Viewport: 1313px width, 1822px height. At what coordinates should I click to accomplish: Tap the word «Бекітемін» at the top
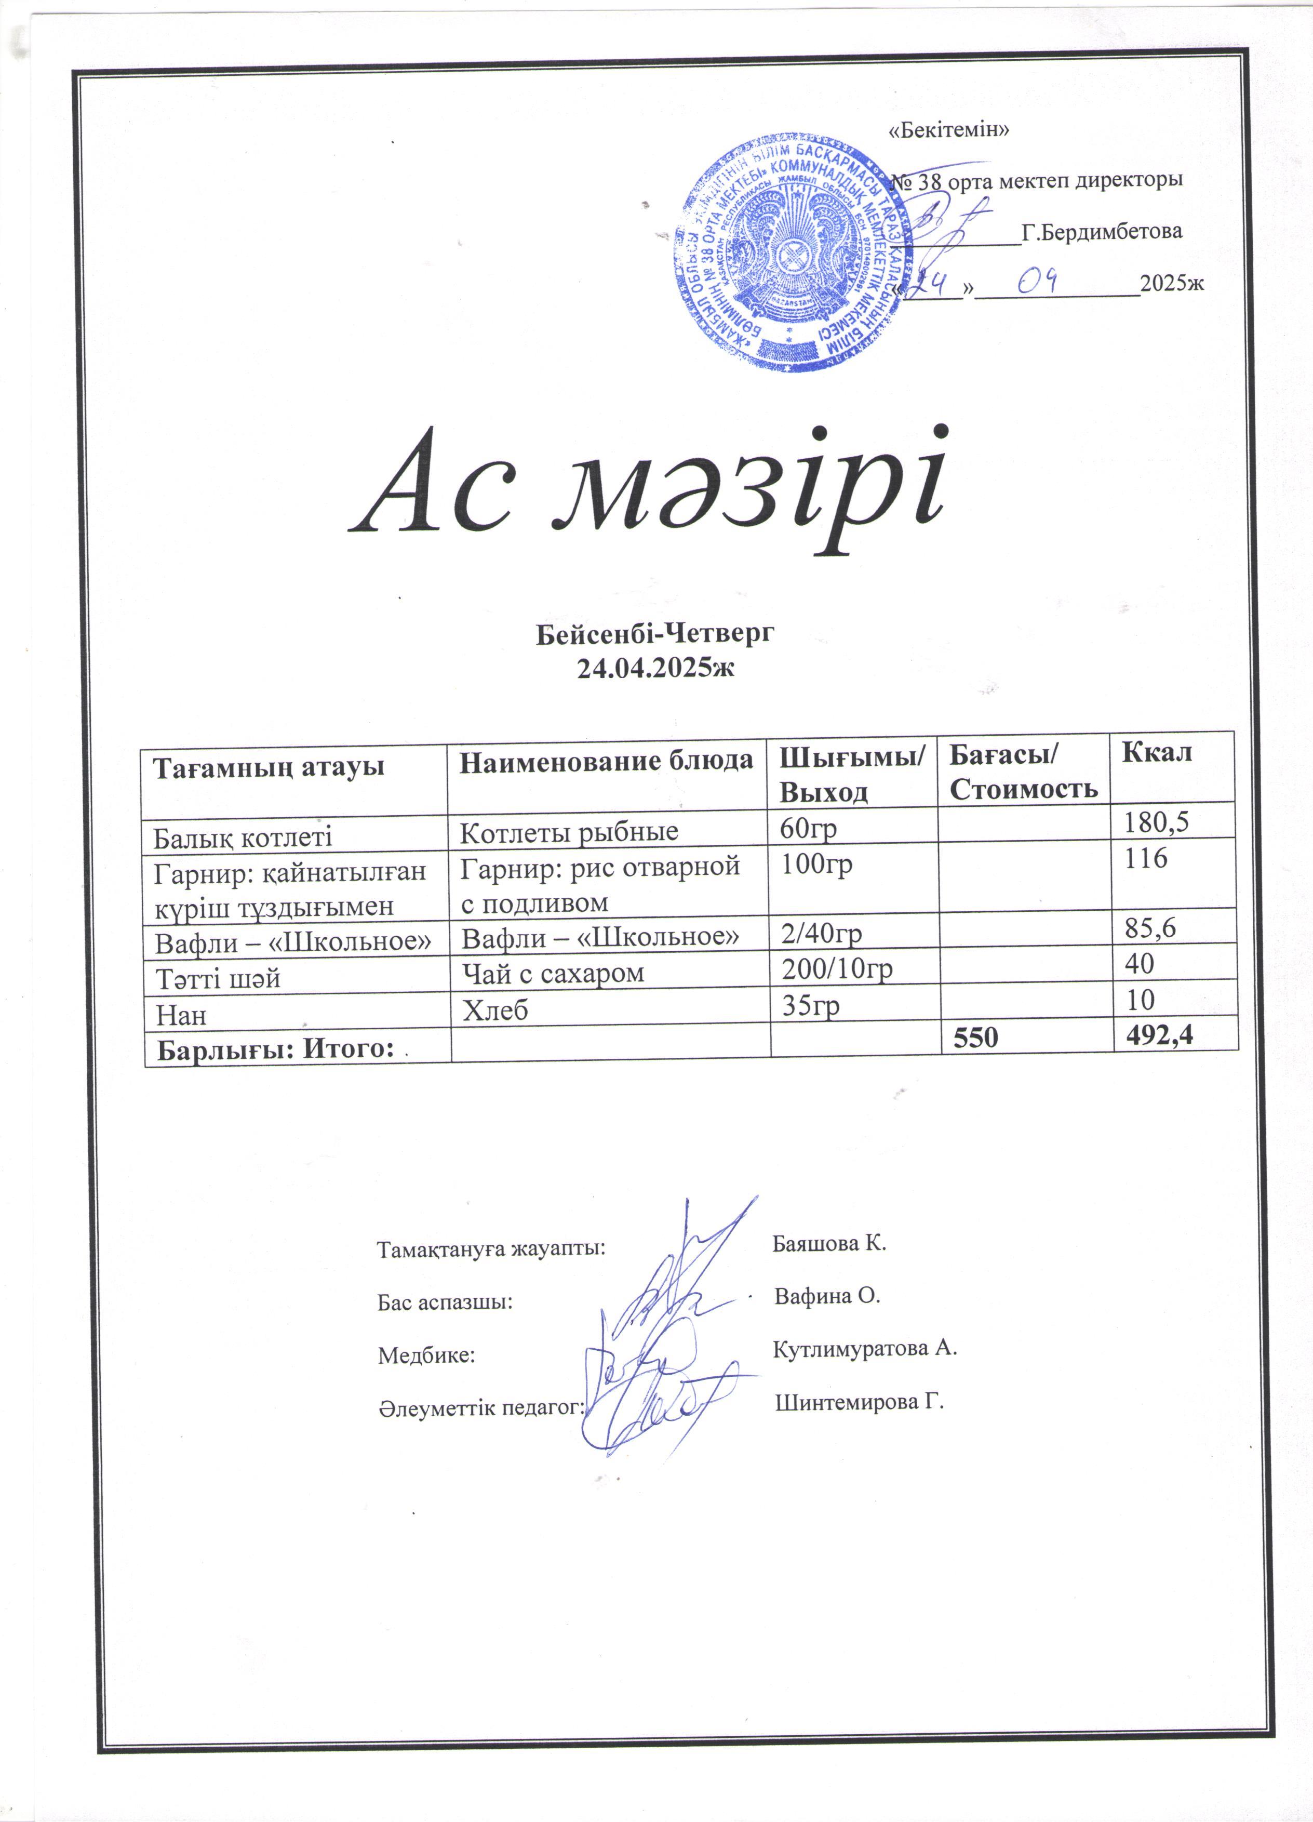pyautogui.click(x=949, y=130)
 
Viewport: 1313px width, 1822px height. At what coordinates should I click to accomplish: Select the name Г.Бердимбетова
pyautogui.click(x=1101, y=232)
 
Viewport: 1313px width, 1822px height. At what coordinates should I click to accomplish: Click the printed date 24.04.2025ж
pyautogui.click(x=655, y=667)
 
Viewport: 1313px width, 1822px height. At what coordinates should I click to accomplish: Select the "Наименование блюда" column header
pyautogui.click(x=606, y=761)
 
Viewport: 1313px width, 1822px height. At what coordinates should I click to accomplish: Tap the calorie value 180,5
pyautogui.click(x=1156, y=821)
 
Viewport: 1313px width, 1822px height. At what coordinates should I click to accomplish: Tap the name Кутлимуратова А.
pyautogui.click(x=865, y=1349)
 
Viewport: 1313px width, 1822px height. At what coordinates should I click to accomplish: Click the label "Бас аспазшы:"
pyautogui.click(x=445, y=1302)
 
